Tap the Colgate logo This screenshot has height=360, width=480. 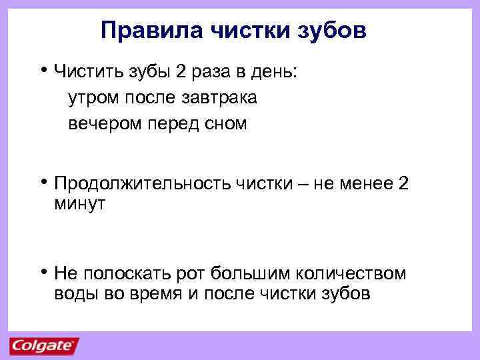(x=43, y=345)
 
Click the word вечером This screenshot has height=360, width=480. (x=100, y=123)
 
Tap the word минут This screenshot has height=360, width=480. (x=80, y=205)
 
